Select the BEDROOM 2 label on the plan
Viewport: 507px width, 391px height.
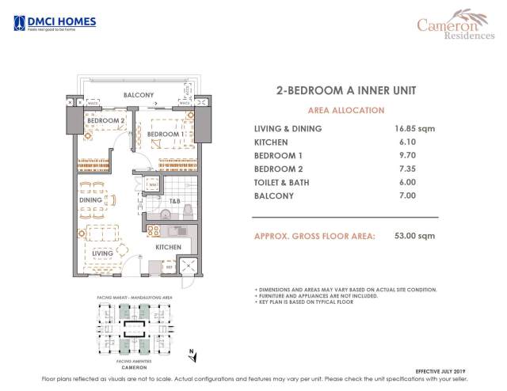click(x=105, y=120)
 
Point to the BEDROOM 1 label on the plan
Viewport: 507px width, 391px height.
click(x=166, y=135)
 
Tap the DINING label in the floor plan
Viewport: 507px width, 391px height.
click(x=90, y=200)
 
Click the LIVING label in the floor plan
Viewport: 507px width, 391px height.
click(x=101, y=253)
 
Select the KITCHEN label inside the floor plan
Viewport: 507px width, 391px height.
click(x=168, y=248)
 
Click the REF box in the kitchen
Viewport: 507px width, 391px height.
click(x=169, y=268)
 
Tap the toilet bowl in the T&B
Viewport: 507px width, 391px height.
click(x=166, y=214)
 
